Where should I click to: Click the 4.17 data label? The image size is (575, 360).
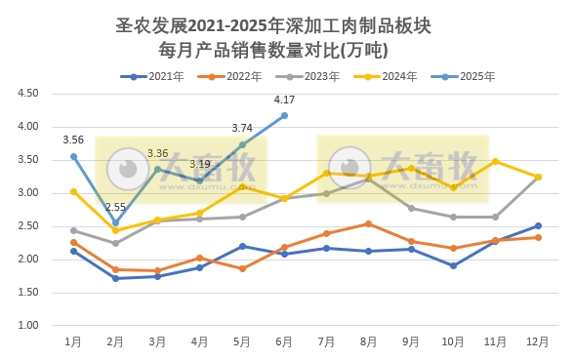tap(285, 100)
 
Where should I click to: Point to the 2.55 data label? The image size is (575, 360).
tap(115, 207)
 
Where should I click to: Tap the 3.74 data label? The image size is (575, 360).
tap(242, 128)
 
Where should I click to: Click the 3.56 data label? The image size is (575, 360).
tap(73, 140)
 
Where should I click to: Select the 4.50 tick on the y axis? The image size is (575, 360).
tap(27, 94)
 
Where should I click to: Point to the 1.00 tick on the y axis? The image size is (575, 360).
tap(27, 325)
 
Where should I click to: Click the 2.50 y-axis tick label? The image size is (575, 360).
tap(27, 226)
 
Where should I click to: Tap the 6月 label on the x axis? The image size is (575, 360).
tap(284, 341)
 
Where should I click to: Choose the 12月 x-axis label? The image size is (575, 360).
tap(538, 341)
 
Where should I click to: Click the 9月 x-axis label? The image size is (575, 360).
tap(411, 341)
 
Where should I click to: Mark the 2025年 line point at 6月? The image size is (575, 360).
tap(284, 115)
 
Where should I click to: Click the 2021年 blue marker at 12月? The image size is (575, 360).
tap(538, 225)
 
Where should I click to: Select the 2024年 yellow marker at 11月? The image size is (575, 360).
tap(496, 161)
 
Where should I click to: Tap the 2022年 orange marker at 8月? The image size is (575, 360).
tap(369, 223)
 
